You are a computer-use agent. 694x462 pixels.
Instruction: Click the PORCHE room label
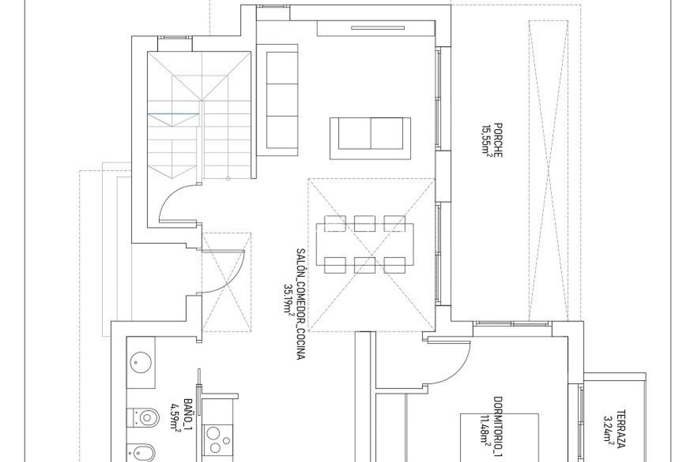point(498,140)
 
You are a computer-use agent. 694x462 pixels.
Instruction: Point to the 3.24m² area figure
point(608,432)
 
